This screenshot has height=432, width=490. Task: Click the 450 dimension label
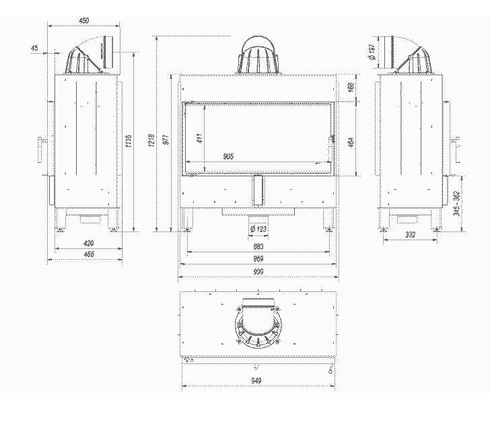[84, 22]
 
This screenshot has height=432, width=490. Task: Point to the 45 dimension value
[35, 48]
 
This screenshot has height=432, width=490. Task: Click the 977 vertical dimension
[166, 140]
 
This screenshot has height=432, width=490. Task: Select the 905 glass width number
[228, 156]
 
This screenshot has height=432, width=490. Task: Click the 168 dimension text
[350, 87]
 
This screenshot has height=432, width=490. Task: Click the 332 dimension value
[411, 234]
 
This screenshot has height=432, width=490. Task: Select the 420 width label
[88, 243]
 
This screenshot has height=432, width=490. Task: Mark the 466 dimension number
[88, 254]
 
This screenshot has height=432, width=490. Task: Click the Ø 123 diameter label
[258, 229]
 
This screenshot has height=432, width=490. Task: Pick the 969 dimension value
[258, 259]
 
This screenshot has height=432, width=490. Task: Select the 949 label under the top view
[258, 380]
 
